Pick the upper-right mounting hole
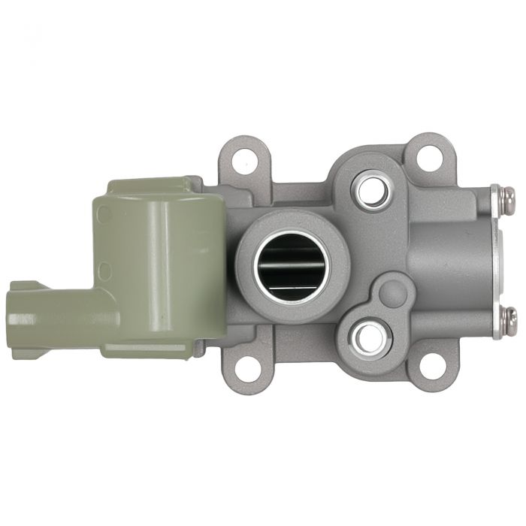pos(429,157)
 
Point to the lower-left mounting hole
pos(247,367)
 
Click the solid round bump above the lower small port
pos(391,294)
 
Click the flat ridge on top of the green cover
pos(150,184)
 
